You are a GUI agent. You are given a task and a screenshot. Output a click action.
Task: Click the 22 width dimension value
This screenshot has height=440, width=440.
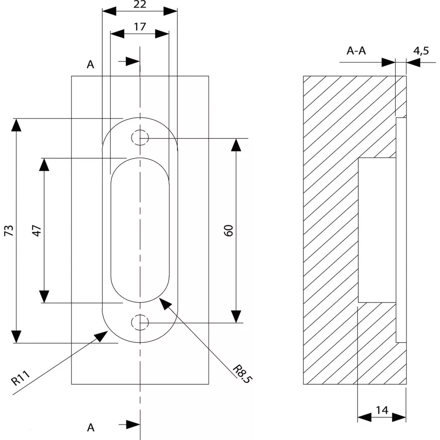point(140,4)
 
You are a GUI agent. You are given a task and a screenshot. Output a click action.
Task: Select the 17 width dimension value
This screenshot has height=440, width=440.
point(140,27)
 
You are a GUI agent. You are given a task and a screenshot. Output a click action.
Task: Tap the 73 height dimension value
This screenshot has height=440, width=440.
point(9,230)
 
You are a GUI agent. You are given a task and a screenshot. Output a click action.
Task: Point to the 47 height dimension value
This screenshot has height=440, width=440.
point(37,230)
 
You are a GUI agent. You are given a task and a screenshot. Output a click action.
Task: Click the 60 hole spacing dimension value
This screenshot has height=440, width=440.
point(229,230)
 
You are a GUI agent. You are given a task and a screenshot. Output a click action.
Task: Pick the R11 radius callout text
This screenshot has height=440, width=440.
point(21,378)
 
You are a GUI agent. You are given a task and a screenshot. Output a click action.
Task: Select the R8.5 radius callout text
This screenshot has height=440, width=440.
point(243,374)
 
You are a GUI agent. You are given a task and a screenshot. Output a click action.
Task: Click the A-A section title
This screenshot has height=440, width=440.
point(356,51)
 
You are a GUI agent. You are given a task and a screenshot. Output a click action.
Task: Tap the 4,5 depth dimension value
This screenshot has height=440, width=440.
point(421,51)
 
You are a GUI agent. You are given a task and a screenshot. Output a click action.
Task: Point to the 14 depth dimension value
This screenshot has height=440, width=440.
point(382,410)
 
